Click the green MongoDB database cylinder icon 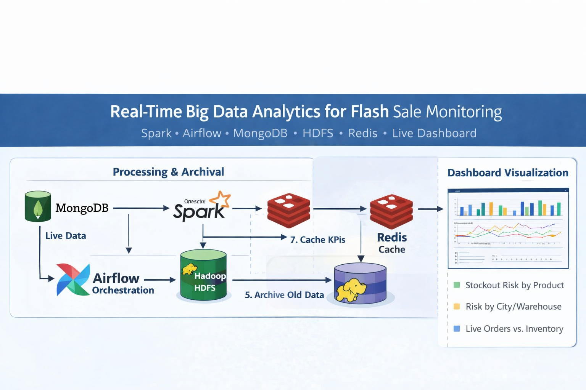[38, 206]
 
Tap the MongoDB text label [82, 208]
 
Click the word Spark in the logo [198, 212]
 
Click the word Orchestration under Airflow [123, 290]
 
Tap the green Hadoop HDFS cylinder [203, 275]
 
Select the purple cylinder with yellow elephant [360, 284]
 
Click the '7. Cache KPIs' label [317, 240]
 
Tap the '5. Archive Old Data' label [284, 295]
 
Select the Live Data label [66, 236]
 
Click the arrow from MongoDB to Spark [141, 208]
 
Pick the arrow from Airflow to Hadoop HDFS [160, 280]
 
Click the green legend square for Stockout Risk [457, 285]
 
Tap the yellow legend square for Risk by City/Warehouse [457, 307]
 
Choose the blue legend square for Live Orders [457, 329]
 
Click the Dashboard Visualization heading [507, 173]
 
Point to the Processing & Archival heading [168, 172]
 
